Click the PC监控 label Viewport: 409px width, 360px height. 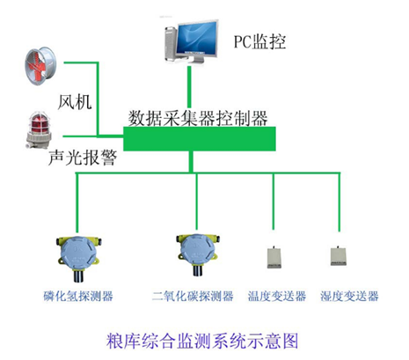coord(259,41)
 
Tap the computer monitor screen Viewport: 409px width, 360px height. coord(198,38)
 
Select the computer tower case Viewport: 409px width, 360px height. coord(171,43)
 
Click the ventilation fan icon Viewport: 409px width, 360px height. coord(40,66)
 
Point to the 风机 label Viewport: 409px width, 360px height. coord(75,102)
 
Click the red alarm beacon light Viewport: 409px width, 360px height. coord(38,130)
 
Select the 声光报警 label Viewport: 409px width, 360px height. coord(83,158)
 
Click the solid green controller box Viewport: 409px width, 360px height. coord(200,139)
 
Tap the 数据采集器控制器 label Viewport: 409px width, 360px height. coord(198,118)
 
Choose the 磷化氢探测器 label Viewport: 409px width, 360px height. coord(78,296)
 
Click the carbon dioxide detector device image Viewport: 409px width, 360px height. coord(198,254)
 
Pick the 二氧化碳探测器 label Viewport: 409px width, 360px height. coord(193,296)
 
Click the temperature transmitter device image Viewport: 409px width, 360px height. coord(274,257)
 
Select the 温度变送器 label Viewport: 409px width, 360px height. coord(277,296)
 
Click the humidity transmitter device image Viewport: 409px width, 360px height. coord(339,256)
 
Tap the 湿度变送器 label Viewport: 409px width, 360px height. coord(349,296)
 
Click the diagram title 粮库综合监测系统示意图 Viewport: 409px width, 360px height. coord(202,341)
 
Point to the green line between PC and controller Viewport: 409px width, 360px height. coord(189,87)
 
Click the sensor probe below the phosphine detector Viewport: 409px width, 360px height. coord(77,276)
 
